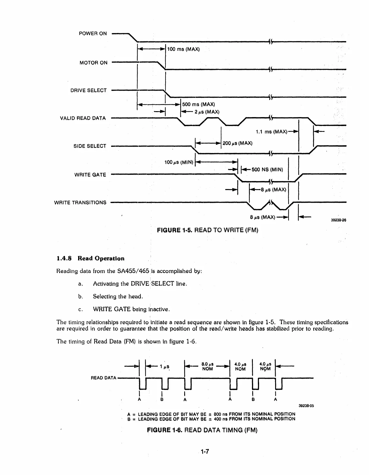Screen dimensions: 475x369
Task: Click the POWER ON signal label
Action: (x=93, y=34)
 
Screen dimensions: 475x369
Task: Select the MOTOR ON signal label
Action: (x=93, y=63)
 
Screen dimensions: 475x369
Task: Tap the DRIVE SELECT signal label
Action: (x=88, y=90)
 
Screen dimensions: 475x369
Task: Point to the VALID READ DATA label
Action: (x=83, y=118)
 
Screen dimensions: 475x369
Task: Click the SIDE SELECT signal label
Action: (x=90, y=146)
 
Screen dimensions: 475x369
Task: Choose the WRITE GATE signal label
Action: (x=90, y=175)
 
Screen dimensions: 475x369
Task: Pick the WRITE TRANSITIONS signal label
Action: (x=80, y=203)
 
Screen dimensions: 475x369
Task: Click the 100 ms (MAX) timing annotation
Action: (x=183, y=49)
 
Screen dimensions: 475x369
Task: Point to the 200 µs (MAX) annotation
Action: (x=237, y=143)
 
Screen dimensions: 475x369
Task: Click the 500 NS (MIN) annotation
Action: (x=267, y=170)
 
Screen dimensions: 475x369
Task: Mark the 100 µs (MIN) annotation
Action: (x=179, y=162)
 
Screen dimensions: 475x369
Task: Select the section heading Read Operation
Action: (x=90, y=258)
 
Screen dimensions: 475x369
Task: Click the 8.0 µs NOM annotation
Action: (x=207, y=366)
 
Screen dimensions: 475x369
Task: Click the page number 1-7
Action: (x=205, y=452)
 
